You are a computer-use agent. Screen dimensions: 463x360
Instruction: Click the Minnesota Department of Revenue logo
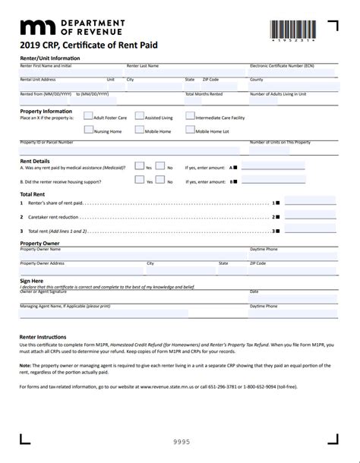point(68,28)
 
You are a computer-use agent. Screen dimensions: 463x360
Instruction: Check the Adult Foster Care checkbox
point(88,117)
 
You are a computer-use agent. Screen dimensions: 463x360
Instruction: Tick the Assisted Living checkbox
point(139,117)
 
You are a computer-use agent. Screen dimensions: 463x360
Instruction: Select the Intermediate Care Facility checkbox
point(190,117)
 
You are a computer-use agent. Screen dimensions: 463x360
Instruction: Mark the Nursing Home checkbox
point(88,131)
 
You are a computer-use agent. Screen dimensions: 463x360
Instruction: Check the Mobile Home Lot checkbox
point(190,131)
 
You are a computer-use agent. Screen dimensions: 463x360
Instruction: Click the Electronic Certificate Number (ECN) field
point(292,73)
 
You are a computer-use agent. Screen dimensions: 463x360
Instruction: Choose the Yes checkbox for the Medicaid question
point(139,166)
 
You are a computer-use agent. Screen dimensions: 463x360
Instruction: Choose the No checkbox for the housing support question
point(160,181)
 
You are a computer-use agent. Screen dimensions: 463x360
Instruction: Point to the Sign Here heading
point(31,280)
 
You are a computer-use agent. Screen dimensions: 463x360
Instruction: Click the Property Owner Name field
point(132,255)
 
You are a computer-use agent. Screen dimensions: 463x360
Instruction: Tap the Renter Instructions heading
point(43,336)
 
